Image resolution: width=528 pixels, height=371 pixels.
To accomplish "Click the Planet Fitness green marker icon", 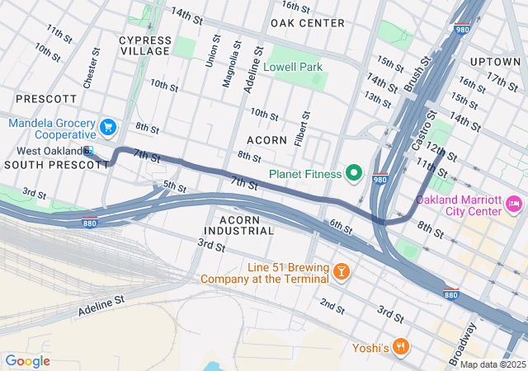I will (355, 172).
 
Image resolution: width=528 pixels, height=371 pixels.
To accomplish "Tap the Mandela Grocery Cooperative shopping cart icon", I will (108, 127).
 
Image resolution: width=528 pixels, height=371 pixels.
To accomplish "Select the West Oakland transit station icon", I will (88, 151).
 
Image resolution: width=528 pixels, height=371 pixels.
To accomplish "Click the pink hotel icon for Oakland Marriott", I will (514, 202).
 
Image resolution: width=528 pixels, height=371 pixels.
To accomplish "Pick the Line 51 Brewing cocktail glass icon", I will (341, 270).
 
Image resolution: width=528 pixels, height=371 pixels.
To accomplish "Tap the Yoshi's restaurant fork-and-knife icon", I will (400, 346).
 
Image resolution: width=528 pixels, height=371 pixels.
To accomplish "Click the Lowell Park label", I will (293, 67).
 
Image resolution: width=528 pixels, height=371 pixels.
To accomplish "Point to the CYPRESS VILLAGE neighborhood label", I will (145, 46).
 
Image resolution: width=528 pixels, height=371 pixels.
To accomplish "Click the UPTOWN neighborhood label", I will (495, 62).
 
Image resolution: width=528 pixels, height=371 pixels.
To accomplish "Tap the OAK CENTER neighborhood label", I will (307, 22).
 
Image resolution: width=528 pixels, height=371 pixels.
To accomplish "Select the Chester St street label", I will (91, 68).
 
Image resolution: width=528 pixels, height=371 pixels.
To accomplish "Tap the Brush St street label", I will (418, 73).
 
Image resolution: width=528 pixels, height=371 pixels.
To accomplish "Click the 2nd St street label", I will (332, 306).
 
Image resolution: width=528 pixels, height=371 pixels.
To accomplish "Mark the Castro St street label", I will (422, 132).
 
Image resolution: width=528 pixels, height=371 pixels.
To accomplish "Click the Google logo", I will (27, 360).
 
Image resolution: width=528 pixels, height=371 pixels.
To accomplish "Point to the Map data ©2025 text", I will (493, 364).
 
